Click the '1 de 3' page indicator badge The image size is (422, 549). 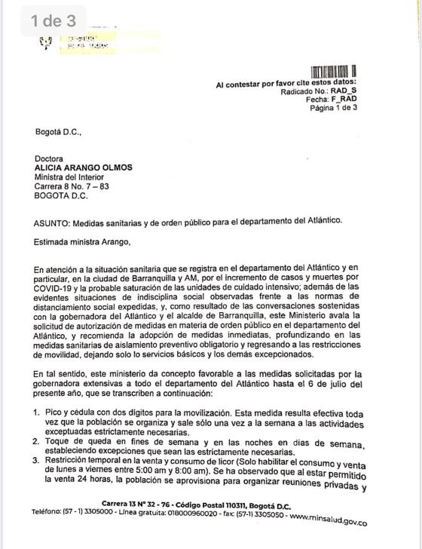[54, 22]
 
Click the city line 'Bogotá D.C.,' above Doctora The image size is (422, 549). [57, 133]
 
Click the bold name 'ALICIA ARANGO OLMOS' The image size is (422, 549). [87, 168]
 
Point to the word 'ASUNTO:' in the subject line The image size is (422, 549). [54, 222]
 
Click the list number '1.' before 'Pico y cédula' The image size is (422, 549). [36, 413]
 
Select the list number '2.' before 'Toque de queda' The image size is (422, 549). [36, 440]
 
